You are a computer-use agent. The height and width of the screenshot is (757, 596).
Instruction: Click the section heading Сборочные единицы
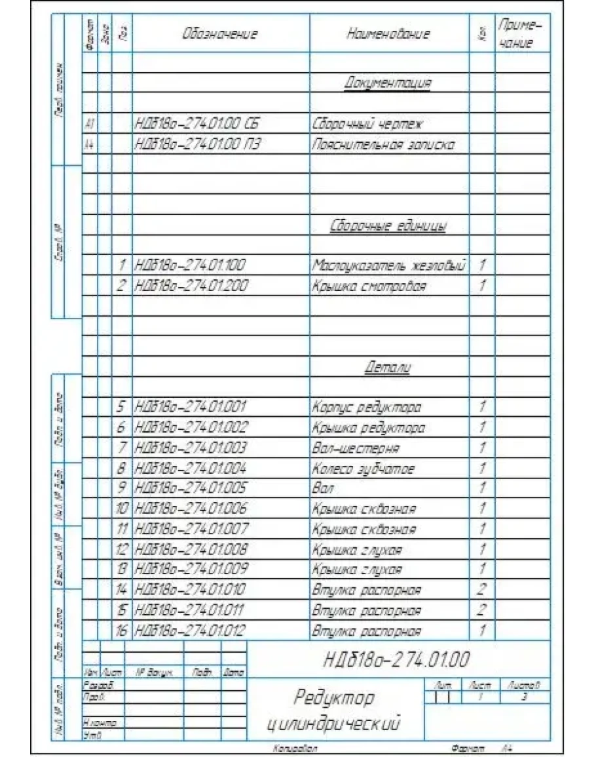click(388, 227)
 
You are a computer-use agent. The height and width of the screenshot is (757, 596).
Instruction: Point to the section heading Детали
click(387, 368)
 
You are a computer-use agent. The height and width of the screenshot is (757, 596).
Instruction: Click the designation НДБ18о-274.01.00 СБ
click(197, 123)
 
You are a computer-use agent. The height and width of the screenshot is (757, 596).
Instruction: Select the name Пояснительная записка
click(383, 144)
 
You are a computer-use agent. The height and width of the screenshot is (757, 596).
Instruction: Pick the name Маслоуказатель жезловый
click(388, 266)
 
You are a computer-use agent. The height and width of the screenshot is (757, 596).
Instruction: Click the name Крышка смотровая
click(369, 286)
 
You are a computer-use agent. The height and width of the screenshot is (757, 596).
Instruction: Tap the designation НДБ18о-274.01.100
click(190, 266)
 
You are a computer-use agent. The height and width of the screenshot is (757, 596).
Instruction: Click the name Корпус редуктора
click(367, 408)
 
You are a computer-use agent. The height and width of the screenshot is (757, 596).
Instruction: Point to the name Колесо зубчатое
click(363, 469)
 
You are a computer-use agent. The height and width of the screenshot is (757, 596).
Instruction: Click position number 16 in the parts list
click(121, 631)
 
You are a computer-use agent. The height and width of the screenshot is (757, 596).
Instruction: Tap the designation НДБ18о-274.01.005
click(191, 488)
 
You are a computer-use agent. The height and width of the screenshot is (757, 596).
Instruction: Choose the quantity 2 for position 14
click(481, 590)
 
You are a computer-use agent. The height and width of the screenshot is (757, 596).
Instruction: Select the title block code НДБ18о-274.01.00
click(397, 659)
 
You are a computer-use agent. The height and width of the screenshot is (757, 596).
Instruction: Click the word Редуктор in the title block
click(334, 697)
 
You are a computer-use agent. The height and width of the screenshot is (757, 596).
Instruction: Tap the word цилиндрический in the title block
click(334, 724)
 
